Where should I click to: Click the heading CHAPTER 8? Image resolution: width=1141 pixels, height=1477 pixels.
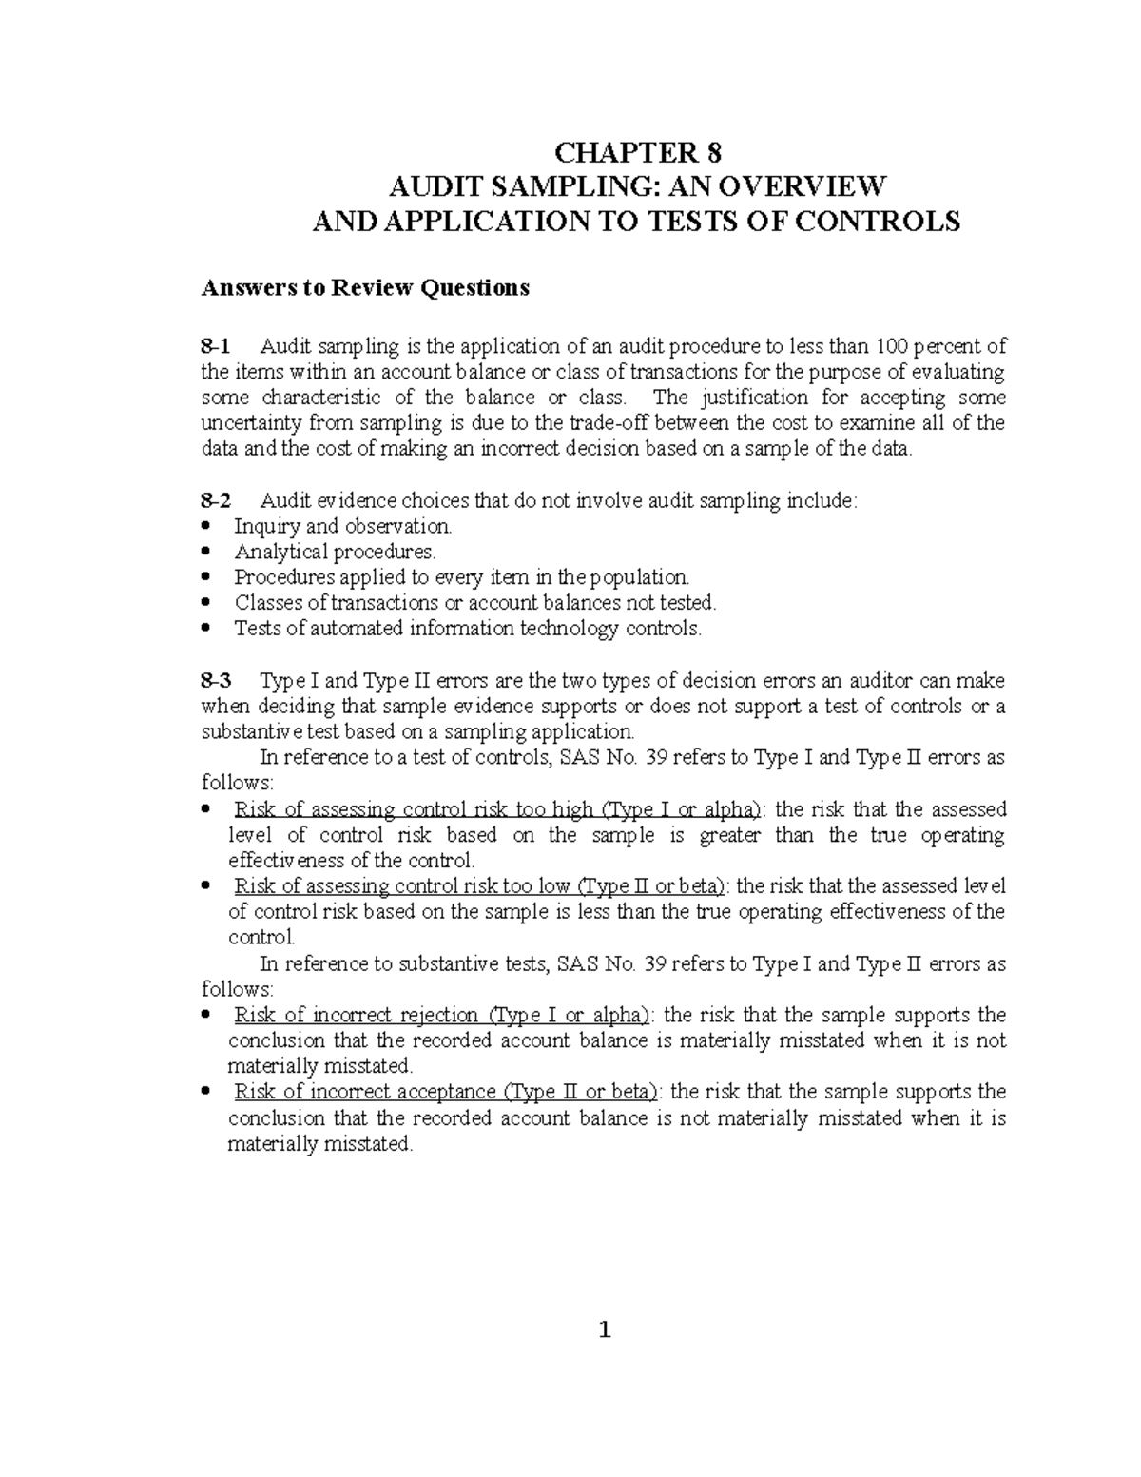click(x=638, y=153)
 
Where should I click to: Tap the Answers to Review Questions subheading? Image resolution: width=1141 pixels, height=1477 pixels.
click(x=364, y=288)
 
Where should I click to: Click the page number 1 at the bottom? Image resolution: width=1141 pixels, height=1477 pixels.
click(x=604, y=1331)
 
